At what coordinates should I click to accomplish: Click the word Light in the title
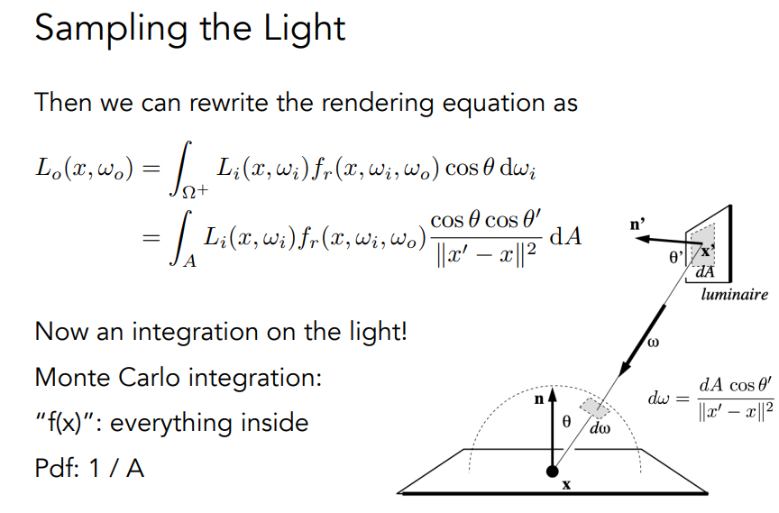click(303, 29)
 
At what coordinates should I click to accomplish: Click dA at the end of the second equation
click(565, 237)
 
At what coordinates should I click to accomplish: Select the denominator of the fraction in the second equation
click(487, 253)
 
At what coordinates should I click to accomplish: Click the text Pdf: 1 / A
click(90, 469)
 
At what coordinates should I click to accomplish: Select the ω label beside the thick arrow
click(655, 343)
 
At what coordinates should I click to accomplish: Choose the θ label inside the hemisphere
click(568, 420)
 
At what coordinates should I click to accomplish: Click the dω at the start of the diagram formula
click(658, 396)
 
